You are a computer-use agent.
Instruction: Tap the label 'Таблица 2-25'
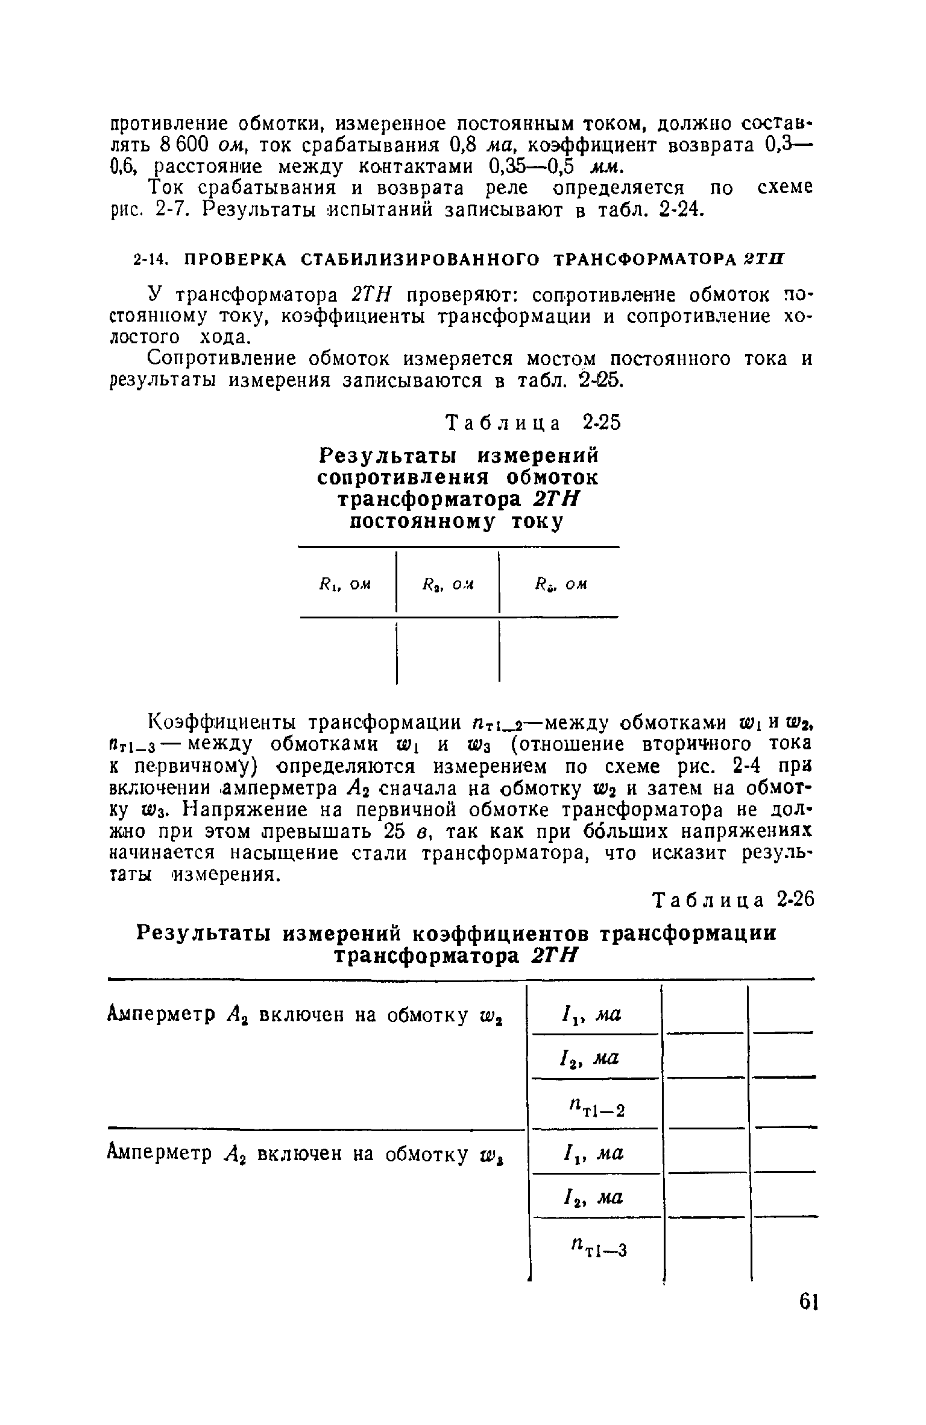[533, 423]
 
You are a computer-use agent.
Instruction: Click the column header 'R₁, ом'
[344, 584]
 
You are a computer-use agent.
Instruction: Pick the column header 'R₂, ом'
[447, 584]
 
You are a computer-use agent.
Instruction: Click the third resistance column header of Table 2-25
[560, 584]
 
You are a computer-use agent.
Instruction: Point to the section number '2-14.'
[148, 259]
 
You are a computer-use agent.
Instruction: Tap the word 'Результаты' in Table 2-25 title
[388, 454]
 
